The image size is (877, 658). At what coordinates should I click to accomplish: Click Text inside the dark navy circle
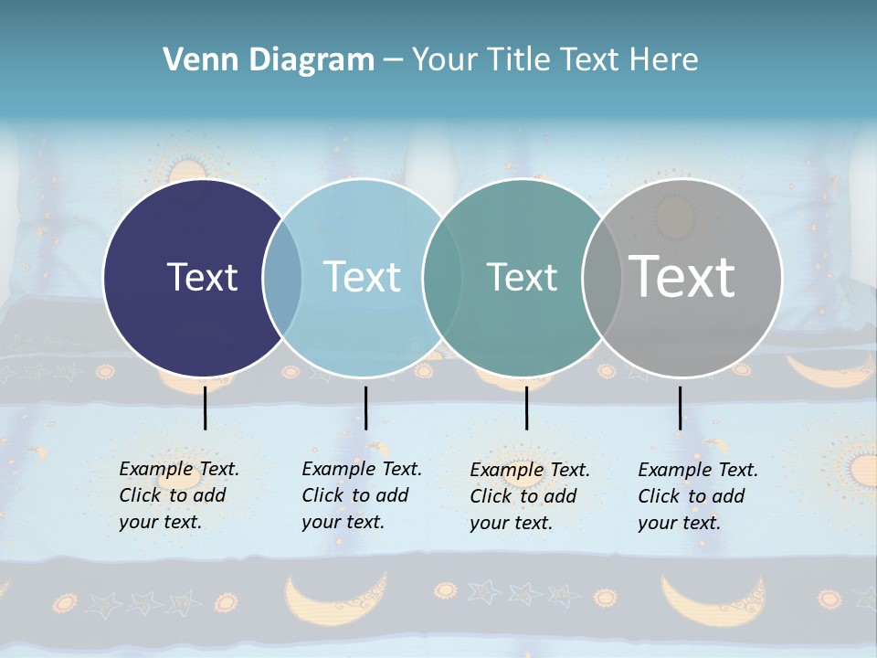(x=202, y=277)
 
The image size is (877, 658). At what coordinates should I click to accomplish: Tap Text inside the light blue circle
(x=363, y=277)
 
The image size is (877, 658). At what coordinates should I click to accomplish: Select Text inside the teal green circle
(x=522, y=277)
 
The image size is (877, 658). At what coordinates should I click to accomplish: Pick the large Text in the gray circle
(x=682, y=276)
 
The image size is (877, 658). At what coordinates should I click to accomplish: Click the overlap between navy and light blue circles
(x=282, y=278)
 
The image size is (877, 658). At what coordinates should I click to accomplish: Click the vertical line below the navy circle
(x=205, y=408)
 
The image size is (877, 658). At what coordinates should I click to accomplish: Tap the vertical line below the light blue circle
(x=365, y=408)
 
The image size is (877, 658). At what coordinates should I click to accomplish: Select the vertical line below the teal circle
(x=526, y=408)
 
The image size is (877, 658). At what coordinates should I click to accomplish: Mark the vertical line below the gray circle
(x=680, y=408)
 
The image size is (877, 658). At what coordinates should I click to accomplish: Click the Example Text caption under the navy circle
(x=178, y=495)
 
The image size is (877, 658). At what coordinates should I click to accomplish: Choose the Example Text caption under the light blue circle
(x=361, y=495)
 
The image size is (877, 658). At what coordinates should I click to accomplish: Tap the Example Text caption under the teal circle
(x=529, y=496)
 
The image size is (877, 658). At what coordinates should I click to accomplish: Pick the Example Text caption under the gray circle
(x=697, y=496)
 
